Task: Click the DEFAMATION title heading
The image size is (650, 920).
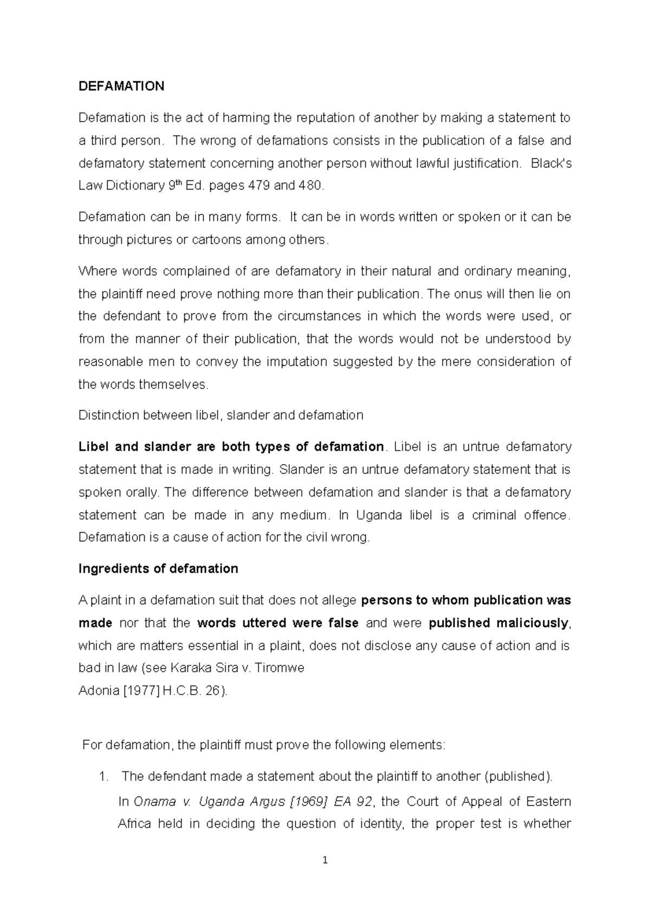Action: click(x=121, y=86)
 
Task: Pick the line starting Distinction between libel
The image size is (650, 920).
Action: click(x=220, y=415)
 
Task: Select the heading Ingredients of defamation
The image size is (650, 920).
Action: click(x=158, y=568)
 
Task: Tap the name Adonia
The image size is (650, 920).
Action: click(x=98, y=691)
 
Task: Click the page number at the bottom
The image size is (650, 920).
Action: click(x=324, y=860)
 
